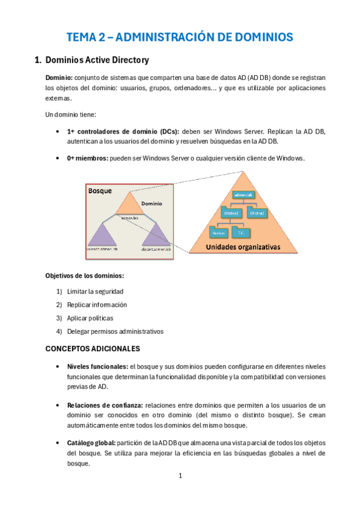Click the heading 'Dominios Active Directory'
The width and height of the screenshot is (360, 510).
(97, 60)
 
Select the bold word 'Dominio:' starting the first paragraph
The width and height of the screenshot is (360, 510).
(59, 78)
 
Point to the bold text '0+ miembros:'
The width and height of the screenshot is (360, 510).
(87, 158)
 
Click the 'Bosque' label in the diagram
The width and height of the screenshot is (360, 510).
(100, 191)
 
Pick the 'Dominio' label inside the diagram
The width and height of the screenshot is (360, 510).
(151, 204)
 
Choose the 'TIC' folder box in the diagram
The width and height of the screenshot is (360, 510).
(240, 232)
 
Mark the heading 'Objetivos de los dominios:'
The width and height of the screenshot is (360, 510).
(85, 275)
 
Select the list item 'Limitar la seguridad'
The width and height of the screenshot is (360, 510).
(96, 290)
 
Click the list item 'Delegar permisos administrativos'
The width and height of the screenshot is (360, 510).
(115, 331)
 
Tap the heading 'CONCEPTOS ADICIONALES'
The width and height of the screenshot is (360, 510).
(93, 348)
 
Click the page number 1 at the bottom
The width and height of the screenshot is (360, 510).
(180, 476)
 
